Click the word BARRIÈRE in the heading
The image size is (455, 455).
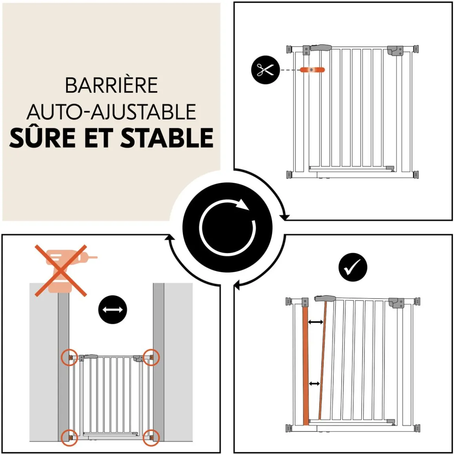point(111,85)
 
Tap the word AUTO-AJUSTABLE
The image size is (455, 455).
point(111,112)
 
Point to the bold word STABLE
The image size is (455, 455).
point(167,138)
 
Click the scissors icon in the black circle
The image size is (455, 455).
point(265,70)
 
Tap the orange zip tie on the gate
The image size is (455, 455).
point(312,70)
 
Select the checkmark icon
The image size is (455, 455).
point(353,267)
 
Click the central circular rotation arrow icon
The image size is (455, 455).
point(227,227)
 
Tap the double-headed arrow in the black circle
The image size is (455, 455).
point(113,309)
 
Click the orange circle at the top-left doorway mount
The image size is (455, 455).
point(70,357)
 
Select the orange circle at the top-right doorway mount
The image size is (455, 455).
point(151,357)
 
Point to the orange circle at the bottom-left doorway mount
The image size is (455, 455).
point(70,437)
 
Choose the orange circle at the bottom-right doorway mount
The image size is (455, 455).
point(151,437)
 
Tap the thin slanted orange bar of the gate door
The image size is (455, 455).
point(322,360)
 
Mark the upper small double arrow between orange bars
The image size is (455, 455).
point(315,322)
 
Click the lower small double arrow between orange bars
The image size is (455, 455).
point(314,384)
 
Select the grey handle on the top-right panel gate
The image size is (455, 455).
point(321,47)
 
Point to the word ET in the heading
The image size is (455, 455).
point(99,138)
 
